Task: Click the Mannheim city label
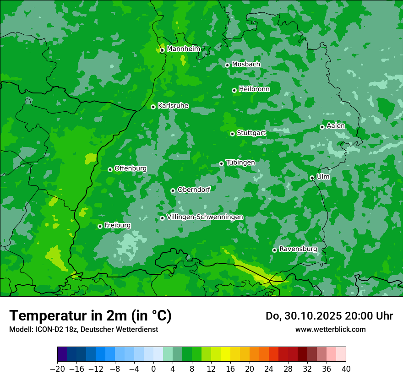183,49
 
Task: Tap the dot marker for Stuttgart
232,134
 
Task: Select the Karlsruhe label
173,106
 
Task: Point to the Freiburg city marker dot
100,226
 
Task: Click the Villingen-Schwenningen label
205,217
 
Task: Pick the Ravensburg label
298,249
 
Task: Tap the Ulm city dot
312,178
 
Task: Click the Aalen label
336,126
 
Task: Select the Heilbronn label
254,89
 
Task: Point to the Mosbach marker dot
227,65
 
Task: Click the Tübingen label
240,163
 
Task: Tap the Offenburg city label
130,168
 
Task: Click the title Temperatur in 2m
90,316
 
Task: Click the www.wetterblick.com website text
330,329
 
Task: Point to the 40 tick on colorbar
346,369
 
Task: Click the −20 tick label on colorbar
57,369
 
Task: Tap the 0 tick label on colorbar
153,369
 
